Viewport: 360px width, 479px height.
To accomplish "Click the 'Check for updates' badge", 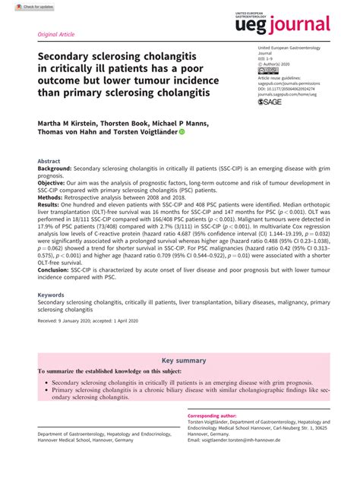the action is point(21,5).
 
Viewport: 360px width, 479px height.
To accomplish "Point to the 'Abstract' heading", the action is point(49,162).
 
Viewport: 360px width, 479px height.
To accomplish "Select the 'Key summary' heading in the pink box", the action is point(179,360).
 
